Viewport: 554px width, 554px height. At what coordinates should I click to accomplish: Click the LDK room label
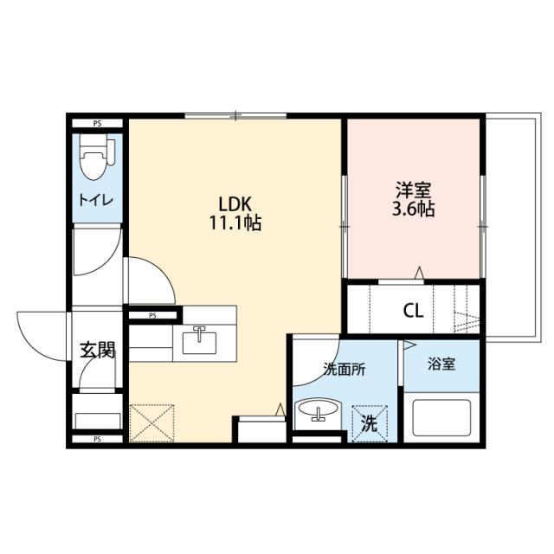click(x=234, y=204)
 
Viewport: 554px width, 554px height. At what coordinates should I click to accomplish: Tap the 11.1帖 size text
click(x=235, y=222)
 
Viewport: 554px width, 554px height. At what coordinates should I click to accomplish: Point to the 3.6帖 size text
click(x=413, y=209)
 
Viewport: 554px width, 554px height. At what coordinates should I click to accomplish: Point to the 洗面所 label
click(x=344, y=368)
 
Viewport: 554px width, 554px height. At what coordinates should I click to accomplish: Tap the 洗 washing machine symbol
click(x=370, y=423)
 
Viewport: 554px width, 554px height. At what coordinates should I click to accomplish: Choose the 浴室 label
click(x=441, y=364)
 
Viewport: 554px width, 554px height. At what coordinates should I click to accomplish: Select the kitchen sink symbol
click(x=201, y=341)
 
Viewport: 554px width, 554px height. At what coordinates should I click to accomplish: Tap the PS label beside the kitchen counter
click(x=151, y=316)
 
